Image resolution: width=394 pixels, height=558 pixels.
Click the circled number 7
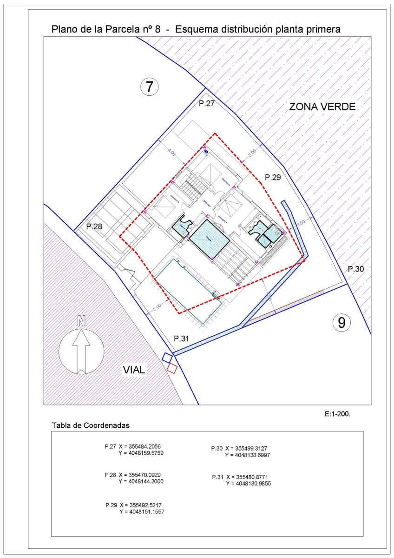click(x=150, y=86)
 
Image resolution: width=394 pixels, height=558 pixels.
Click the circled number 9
click(x=341, y=322)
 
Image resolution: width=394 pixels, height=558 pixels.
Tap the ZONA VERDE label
click(x=322, y=106)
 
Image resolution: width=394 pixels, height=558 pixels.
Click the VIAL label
click(x=134, y=370)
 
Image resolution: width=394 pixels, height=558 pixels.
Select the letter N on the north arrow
click(x=82, y=320)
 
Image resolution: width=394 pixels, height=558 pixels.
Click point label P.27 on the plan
click(x=207, y=104)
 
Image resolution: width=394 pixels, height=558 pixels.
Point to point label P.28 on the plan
click(x=94, y=226)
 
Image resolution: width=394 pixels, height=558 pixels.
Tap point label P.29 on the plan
click(x=273, y=177)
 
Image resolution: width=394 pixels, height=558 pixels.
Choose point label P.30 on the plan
click(x=356, y=269)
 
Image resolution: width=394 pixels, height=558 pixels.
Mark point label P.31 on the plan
click(x=182, y=339)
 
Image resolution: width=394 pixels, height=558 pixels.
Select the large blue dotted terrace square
click(x=209, y=239)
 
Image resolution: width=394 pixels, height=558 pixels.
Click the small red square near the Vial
click(x=172, y=368)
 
